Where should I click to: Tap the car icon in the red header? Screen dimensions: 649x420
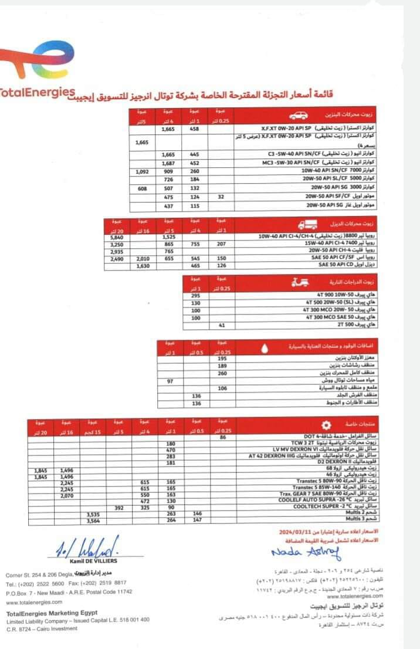tap(297, 115)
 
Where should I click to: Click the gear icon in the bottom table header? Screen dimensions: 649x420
tap(320, 425)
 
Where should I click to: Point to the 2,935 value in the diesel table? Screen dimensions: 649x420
tap(116, 251)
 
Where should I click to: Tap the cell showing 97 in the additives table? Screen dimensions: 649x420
tap(171, 381)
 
